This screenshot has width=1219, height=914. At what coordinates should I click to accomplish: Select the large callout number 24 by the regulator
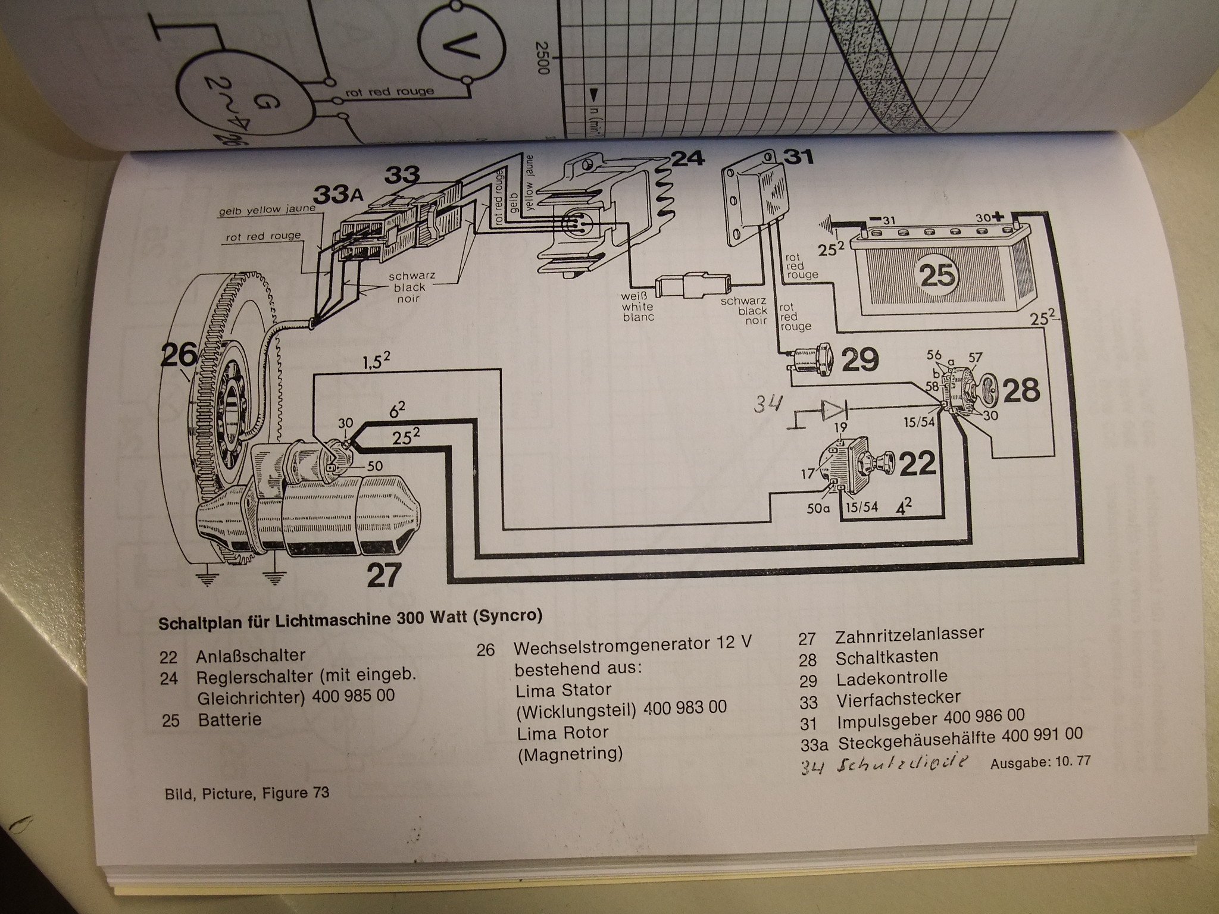click(687, 159)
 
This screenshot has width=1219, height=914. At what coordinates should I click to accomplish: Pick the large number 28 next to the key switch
click(1021, 390)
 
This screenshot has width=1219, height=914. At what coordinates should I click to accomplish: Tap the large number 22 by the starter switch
click(917, 465)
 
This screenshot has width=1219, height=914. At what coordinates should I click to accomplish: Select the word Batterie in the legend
click(230, 719)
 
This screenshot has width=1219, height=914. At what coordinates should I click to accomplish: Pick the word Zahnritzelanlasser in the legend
click(909, 635)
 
